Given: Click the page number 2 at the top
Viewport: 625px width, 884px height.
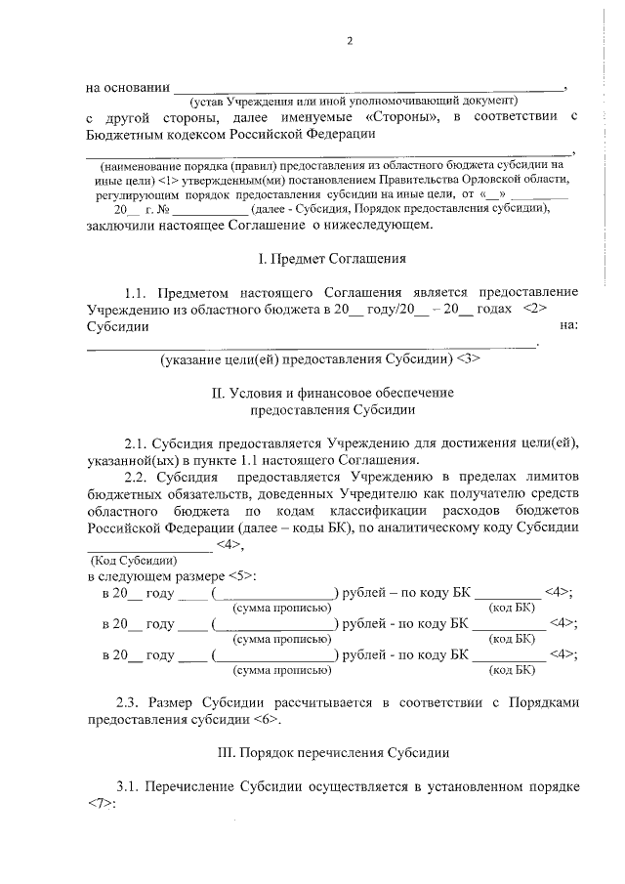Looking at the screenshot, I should click(x=349, y=41).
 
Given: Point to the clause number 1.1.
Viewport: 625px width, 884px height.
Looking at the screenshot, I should click(x=136, y=292).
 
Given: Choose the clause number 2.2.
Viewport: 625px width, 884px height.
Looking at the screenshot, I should click(x=136, y=477).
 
